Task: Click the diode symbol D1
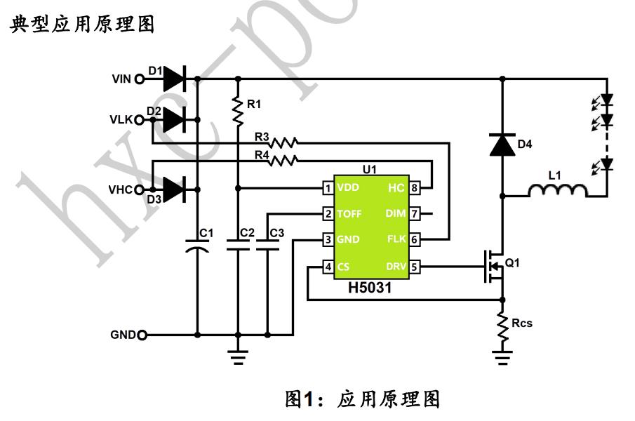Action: tap(173, 79)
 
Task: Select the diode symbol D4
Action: tap(502, 145)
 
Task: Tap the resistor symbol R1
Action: tap(239, 106)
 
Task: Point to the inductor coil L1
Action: tap(555, 191)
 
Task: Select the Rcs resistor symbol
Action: tap(502, 328)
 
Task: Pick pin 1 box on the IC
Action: tap(327, 188)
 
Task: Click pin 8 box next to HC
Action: tap(416, 188)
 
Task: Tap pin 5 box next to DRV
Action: tap(416, 267)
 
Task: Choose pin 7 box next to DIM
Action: tap(416, 213)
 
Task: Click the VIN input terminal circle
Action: tap(139, 79)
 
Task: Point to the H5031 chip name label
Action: tap(370, 288)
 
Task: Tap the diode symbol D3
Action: tap(173, 189)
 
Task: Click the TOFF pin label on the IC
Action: tap(349, 213)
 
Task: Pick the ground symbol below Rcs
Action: tap(502, 361)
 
